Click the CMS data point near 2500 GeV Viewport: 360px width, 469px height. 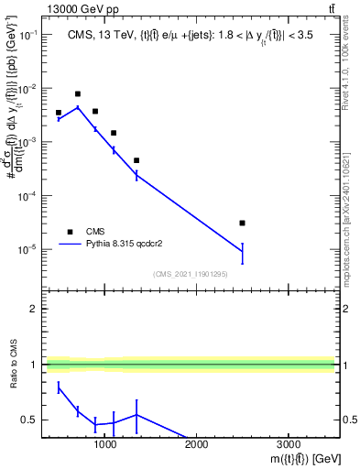point(242,223)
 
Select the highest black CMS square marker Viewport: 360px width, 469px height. point(78,93)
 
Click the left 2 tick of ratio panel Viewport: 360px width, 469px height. point(35,309)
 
